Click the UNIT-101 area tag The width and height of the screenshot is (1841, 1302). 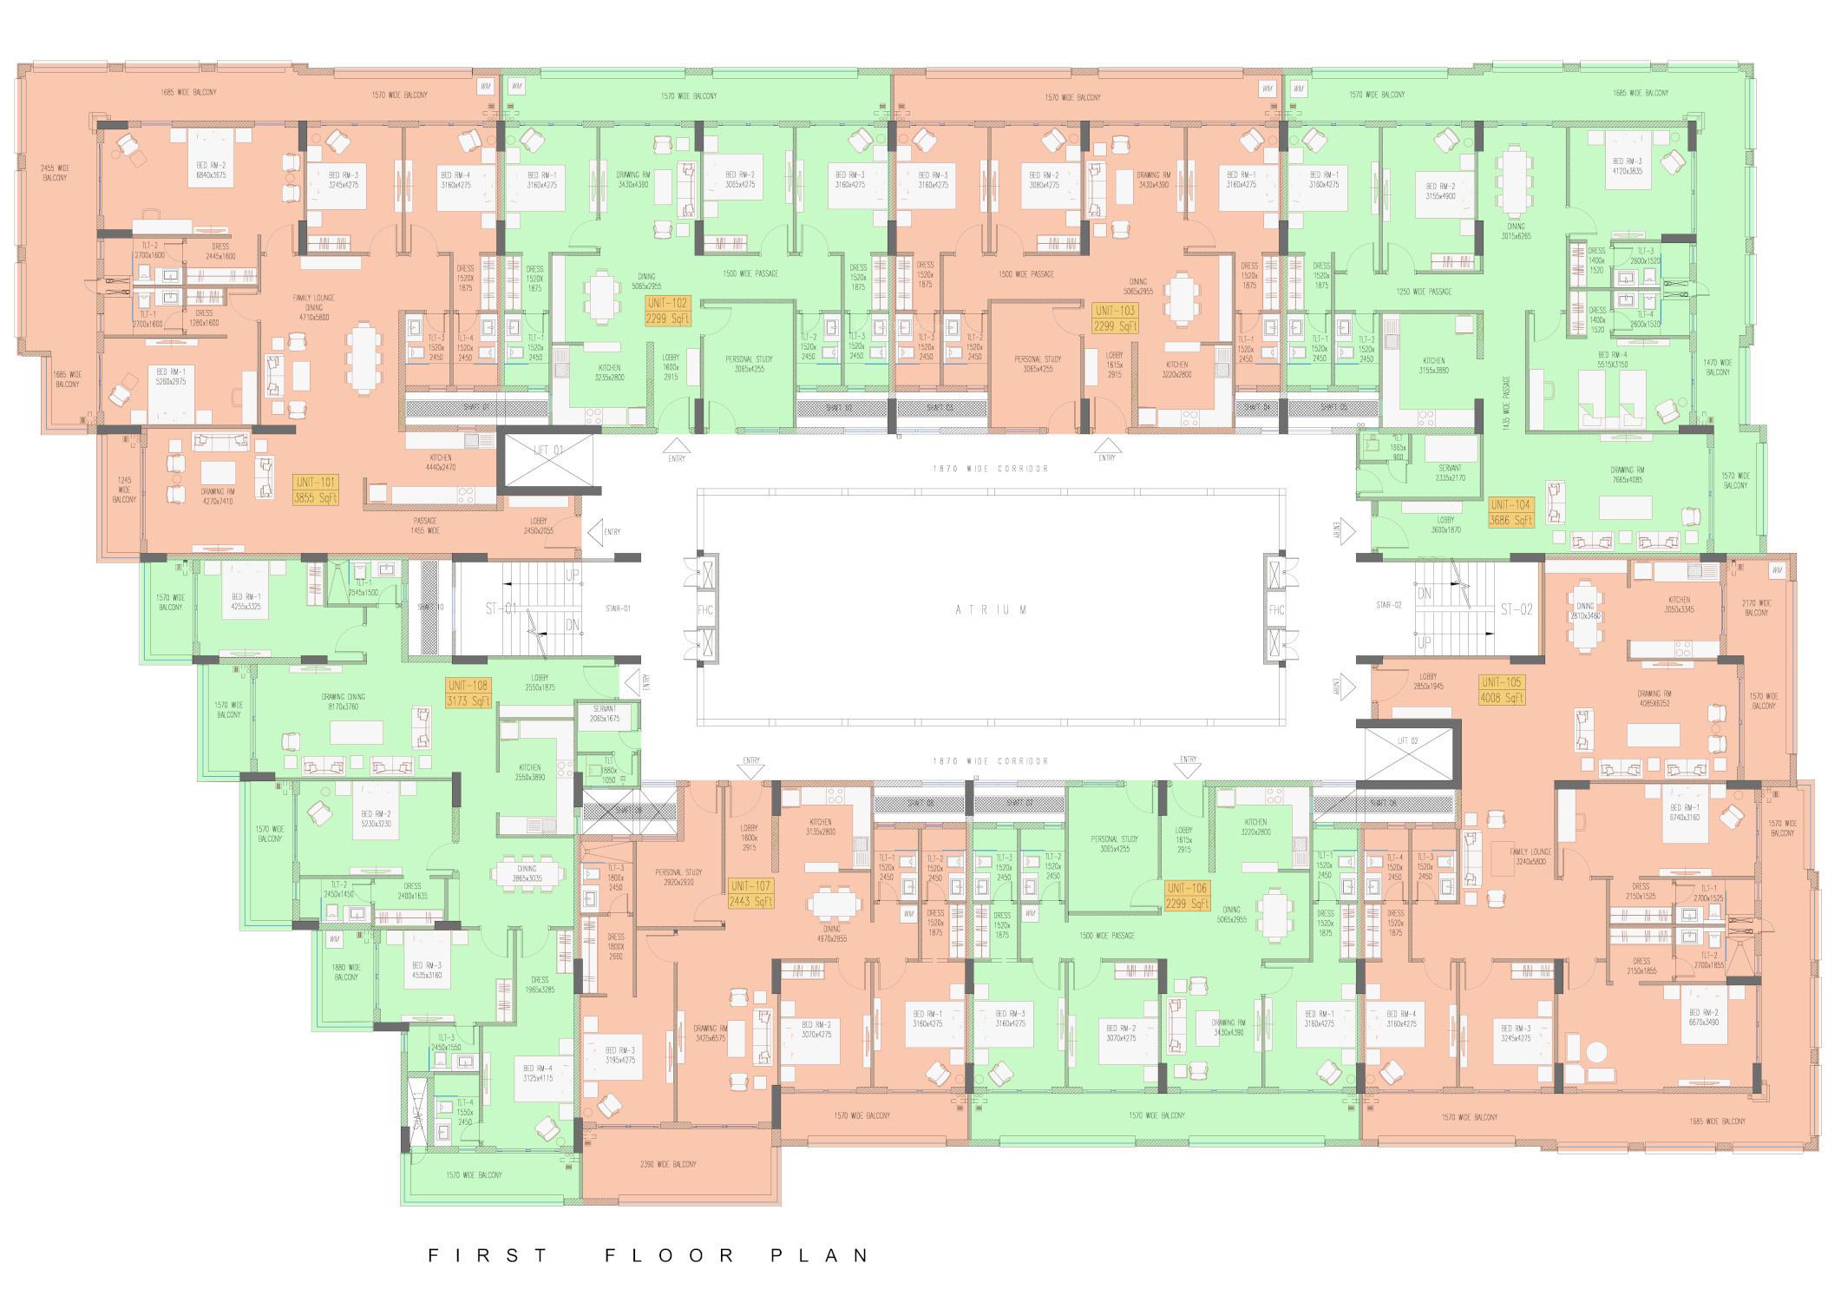[317, 490]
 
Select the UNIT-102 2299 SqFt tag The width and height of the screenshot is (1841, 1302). [667, 311]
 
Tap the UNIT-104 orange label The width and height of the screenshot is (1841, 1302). [1510, 513]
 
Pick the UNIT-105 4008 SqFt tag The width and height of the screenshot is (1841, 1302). [1503, 690]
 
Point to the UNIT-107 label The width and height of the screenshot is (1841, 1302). [750, 893]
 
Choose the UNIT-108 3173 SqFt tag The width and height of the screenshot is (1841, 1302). [468, 692]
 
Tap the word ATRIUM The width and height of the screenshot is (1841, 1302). [991, 610]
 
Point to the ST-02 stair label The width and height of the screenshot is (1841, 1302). [1517, 609]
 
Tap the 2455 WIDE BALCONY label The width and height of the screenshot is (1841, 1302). [54, 172]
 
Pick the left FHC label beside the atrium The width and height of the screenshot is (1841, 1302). [704, 610]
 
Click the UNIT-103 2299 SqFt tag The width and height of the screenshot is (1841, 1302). [1116, 318]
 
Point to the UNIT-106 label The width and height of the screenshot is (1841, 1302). [1188, 896]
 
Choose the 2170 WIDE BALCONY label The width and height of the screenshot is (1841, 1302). [1756, 608]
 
